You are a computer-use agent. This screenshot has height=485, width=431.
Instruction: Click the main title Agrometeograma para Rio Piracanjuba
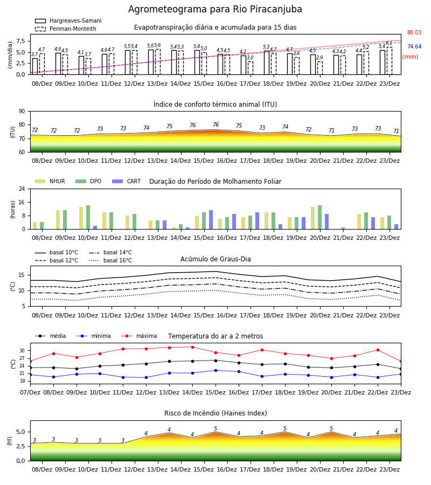click(x=215, y=9)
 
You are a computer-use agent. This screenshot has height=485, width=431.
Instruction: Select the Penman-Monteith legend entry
click(x=66, y=29)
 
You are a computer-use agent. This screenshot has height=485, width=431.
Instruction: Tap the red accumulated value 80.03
click(x=414, y=32)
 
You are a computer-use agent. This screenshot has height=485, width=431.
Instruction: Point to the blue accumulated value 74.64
click(x=414, y=46)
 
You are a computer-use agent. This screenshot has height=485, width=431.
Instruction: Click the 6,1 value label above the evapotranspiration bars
click(x=389, y=43)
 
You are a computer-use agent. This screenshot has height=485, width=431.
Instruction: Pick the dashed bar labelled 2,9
click(x=319, y=68)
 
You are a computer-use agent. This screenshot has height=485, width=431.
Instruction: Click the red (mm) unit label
click(x=410, y=57)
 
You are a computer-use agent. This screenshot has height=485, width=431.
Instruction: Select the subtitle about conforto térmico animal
click(x=215, y=104)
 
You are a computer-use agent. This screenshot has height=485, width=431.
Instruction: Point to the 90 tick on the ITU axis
click(x=22, y=112)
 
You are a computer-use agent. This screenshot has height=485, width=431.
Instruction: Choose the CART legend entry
click(x=127, y=181)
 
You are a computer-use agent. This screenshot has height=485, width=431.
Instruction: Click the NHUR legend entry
click(x=50, y=181)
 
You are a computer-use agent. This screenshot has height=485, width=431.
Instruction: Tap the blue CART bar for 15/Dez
click(x=211, y=220)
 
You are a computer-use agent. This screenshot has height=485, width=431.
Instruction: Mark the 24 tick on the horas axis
click(x=22, y=189)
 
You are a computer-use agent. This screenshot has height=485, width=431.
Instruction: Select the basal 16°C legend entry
click(x=110, y=260)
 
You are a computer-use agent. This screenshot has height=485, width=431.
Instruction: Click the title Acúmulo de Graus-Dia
click(x=215, y=259)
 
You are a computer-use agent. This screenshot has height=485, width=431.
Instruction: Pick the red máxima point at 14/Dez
click(x=193, y=347)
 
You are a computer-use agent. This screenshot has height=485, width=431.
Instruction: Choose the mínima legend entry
click(x=94, y=336)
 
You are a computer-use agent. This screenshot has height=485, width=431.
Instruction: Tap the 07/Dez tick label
click(x=30, y=392)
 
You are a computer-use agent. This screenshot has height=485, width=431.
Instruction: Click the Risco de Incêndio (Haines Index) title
click(x=215, y=413)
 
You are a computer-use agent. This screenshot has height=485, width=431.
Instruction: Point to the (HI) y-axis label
click(x=10, y=441)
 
